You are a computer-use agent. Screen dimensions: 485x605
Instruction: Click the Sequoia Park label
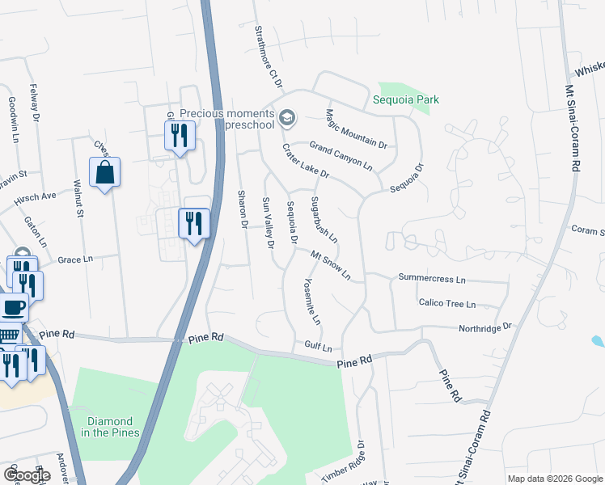(x=406, y=99)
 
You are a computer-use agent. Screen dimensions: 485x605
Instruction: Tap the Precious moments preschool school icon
(x=286, y=120)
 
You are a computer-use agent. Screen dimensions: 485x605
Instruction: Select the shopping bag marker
(x=104, y=173)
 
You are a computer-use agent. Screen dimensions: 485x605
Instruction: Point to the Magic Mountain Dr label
(x=356, y=129)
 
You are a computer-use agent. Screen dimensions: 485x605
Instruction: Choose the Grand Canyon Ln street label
(x=341, y=155)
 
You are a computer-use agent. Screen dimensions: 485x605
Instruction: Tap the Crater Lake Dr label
(x=306, y=162)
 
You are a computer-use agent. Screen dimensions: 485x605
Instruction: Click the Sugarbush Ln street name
(x=324, y=221)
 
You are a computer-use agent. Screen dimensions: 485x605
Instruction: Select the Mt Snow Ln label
(x=330, y=264)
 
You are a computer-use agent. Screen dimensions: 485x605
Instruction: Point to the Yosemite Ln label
(x=312, y=301)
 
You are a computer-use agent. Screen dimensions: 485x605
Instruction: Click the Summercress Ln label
(x=432, y=279)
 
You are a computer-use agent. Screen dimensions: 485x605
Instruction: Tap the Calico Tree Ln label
(x=446, y=304)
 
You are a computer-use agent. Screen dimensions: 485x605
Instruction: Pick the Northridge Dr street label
(x=485, y=327)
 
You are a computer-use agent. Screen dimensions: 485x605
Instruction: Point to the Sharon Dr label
(x=241, y=209)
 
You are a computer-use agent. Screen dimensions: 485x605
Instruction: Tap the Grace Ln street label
(x=76, y=259)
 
